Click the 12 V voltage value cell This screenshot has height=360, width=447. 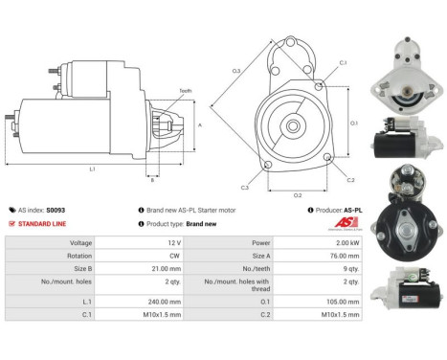(147, 243)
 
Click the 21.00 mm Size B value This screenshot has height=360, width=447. (141, 271)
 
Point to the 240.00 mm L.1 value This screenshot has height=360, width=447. (139, 299)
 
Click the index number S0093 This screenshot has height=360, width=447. (56, 210)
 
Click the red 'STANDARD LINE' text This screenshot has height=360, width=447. (42, 223)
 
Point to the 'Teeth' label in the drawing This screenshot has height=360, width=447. (185, 91)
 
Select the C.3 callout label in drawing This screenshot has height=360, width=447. (246, 187)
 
